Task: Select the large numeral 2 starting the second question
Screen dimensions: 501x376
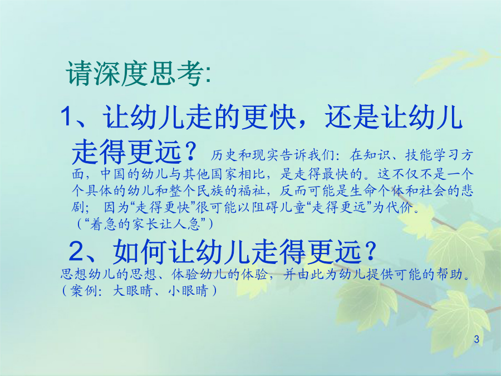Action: pyautogui.click(x=76, y=251)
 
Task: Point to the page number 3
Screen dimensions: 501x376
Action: pyautogui.click(x=477, y=339)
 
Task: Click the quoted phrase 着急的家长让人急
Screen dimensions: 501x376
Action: pyautogui.click(x=145, y=224)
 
